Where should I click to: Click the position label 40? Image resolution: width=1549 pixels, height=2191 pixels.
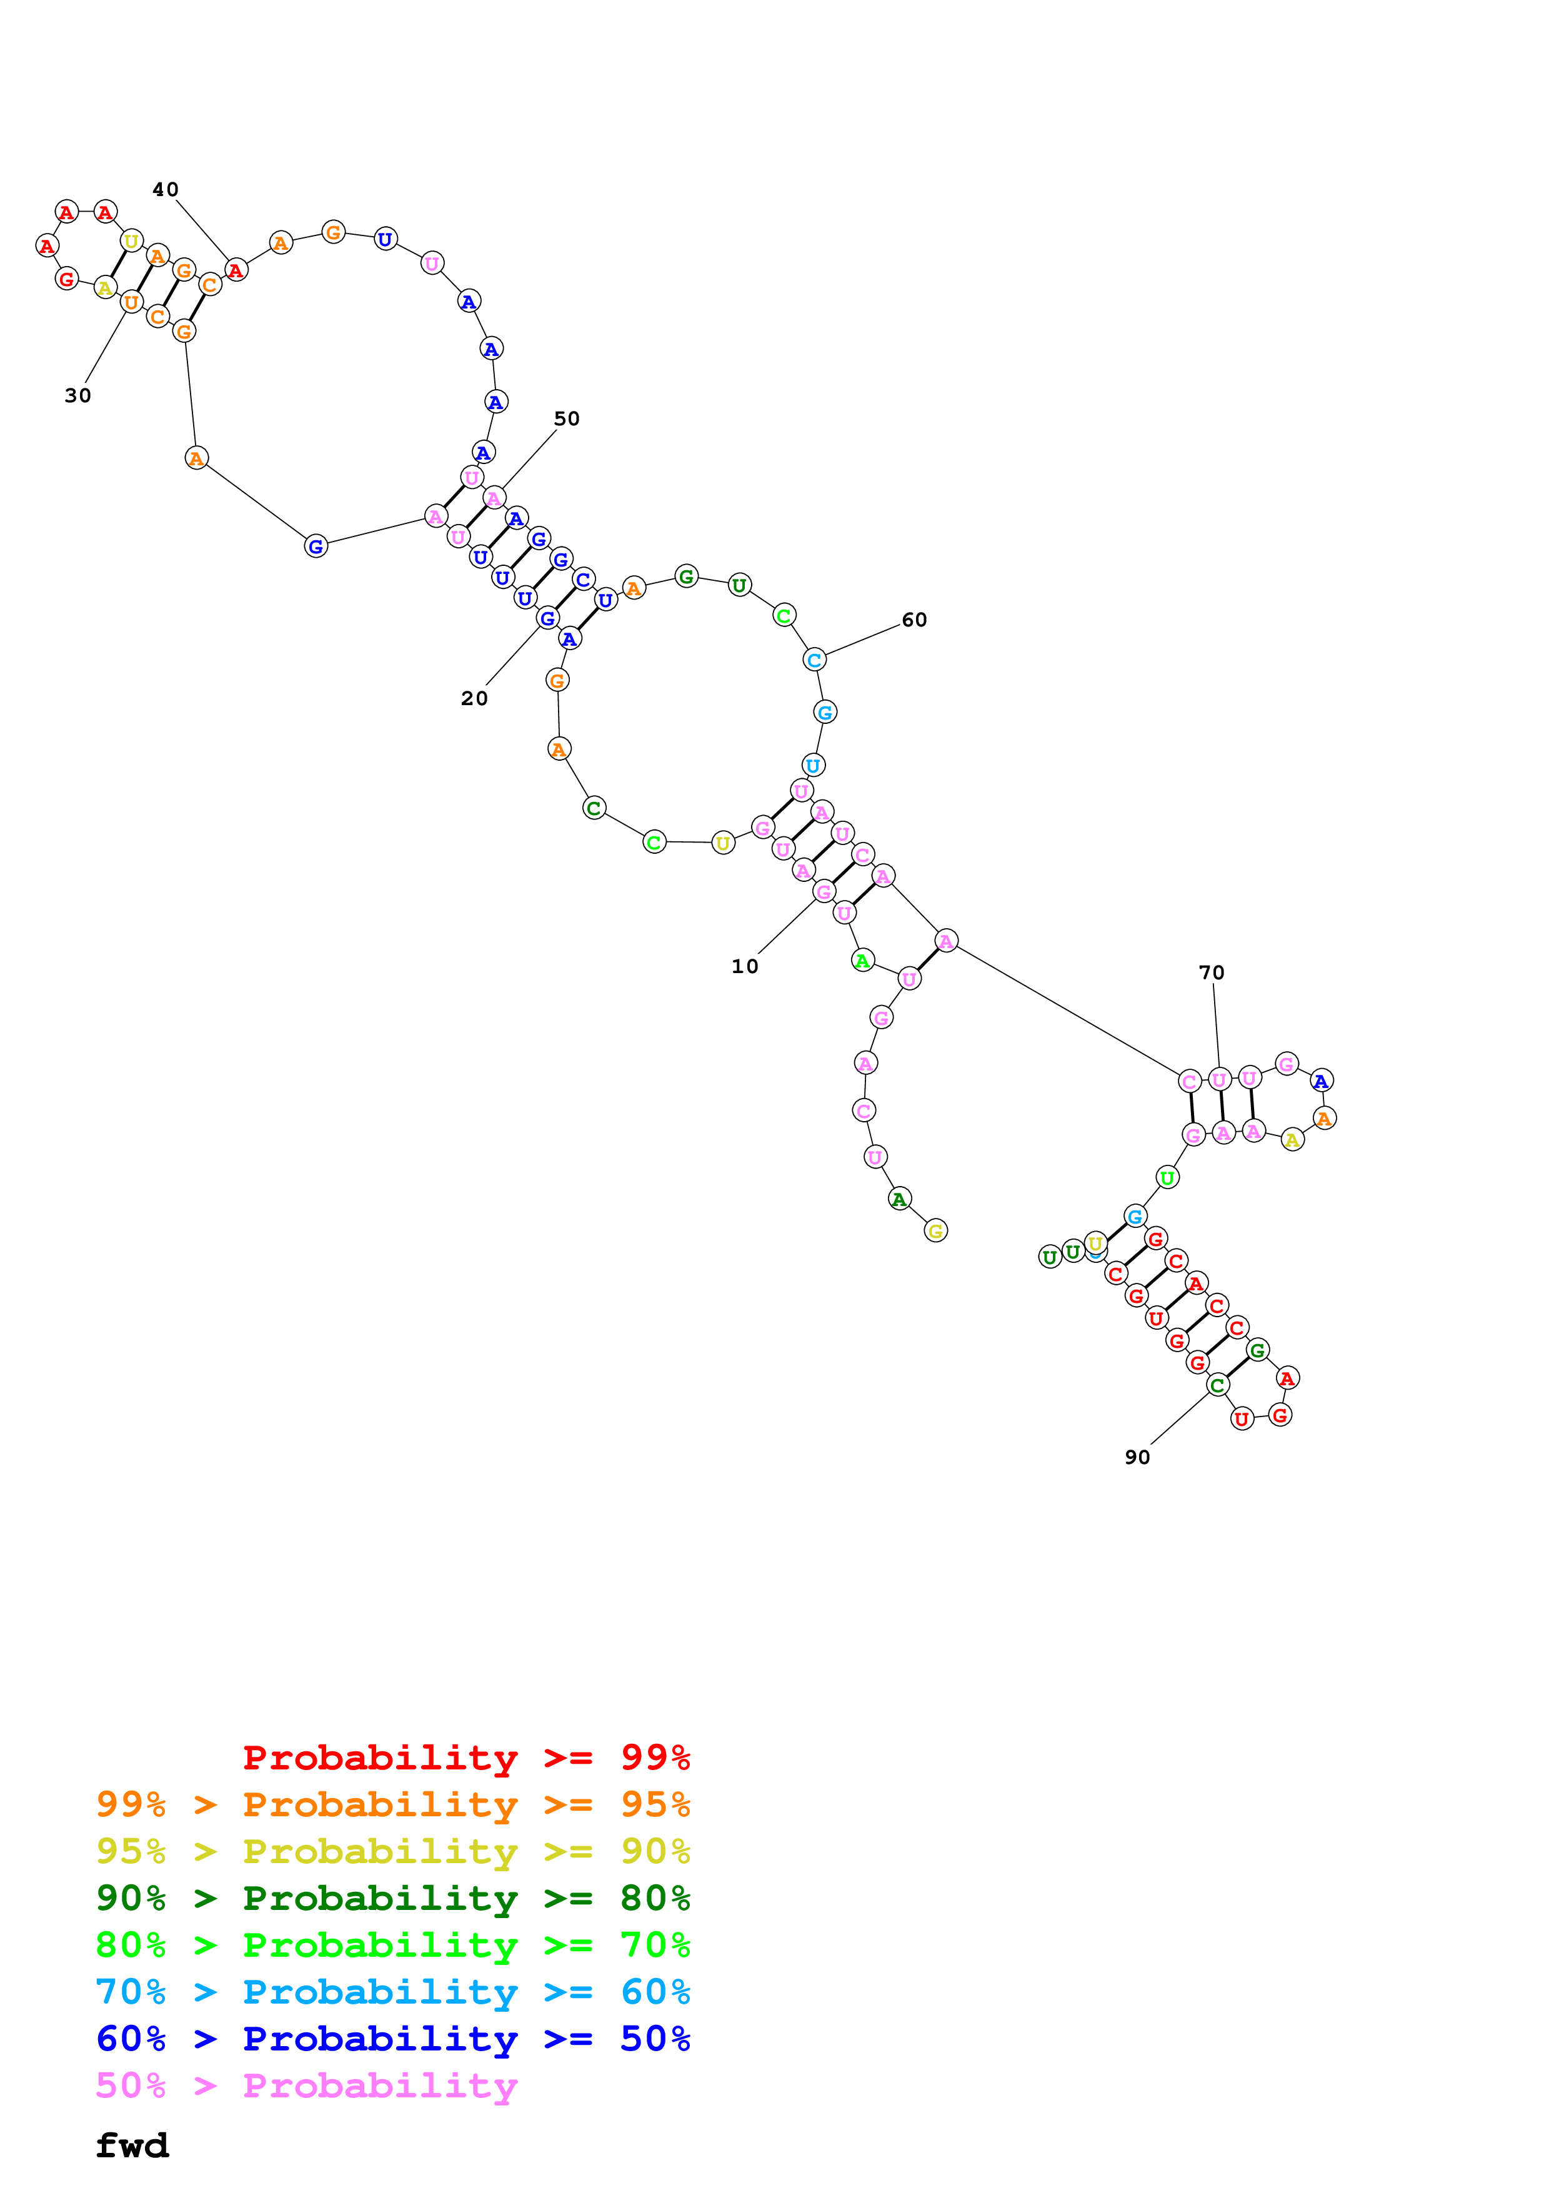[165, 190]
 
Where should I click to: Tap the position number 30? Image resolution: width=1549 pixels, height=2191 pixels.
[78, 395]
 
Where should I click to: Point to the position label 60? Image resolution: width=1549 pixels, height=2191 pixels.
[914, 620]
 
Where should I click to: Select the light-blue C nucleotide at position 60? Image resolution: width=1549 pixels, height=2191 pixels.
[814, 660]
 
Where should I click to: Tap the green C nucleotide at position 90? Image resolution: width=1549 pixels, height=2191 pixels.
[1217, 1385]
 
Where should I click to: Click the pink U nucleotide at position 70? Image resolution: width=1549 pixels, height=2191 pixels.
[1219, 1079]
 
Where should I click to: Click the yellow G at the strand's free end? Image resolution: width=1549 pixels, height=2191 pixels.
[935, 1231]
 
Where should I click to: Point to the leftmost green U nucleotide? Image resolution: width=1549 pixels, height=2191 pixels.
[1050, 1257]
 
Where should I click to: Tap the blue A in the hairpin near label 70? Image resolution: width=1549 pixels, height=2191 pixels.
[1321, 1081]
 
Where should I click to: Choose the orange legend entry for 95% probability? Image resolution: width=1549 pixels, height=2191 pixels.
[393, 1804]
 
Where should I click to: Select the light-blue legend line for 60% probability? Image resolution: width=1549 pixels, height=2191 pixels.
[393, 1992]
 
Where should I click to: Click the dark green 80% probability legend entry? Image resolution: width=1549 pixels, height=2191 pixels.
[393, 1898]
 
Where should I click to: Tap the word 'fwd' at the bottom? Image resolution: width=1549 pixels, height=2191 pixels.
[132, 2146]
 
